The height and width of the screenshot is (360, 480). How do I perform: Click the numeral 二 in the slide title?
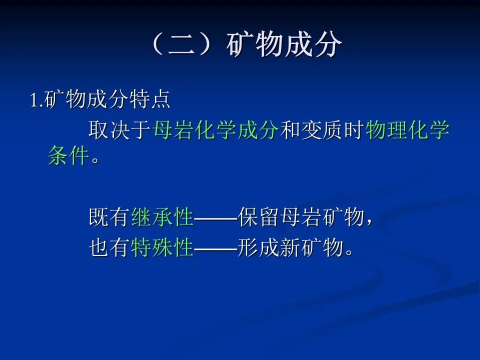(x=182, y=45)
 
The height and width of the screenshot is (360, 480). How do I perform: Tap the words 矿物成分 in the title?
(x=284, y=45)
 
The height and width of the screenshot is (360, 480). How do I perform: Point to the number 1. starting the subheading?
(x=36, y=99)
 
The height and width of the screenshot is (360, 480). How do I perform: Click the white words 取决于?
(x=119, y=130)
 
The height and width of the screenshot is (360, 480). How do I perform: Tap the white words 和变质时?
(x=321, y=130)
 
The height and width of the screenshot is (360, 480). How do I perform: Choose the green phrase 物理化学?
(x=407, y=130)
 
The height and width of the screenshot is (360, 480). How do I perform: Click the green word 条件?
(x=68, y=155)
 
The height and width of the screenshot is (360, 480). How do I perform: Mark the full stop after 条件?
(x=95, y=160)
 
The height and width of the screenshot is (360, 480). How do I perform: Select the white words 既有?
(x=109, y=217)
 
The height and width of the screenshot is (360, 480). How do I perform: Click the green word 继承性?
(x=162, y=217)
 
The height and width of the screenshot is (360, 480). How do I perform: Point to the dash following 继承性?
(x=215, y=218)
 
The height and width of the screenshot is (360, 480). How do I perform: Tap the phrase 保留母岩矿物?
(x=301, y=217)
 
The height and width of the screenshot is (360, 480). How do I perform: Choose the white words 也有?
(x=109, y=247)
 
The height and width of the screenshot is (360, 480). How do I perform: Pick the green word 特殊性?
(x=162, y=247)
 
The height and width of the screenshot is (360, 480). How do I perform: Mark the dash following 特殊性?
(x=215, y=248)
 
